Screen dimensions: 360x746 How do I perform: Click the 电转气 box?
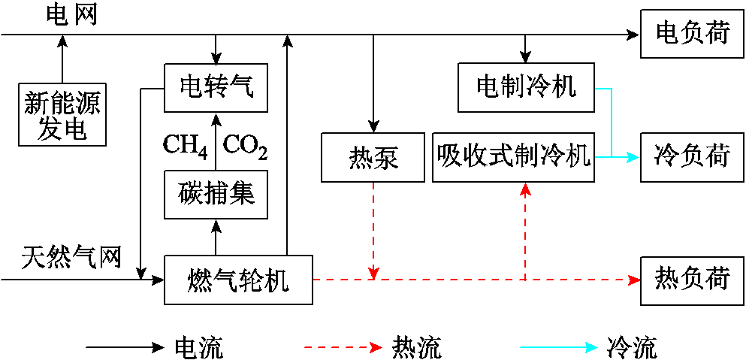(216, 87)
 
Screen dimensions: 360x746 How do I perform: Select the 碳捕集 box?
(216, 194)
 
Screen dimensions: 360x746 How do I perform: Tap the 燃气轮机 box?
(238, 280)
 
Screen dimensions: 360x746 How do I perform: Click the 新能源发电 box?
(62, 115)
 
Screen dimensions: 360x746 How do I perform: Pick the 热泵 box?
(373, 157)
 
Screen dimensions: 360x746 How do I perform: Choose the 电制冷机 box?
(526, 87)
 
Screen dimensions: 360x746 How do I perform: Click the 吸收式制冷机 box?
(513, 157)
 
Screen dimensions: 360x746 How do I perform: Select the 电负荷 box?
(692, 34)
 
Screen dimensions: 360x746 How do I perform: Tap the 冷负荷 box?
(692, 157)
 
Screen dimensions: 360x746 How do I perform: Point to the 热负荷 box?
(692, 280)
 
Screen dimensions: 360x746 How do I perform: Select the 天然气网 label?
(71, 257)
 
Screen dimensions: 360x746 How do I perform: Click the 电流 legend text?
(198, 348)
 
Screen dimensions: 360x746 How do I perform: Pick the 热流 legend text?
(416, 348)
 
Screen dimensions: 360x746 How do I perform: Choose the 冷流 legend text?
(631, 348)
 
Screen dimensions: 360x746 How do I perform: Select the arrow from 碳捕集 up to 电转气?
(216, 139)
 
